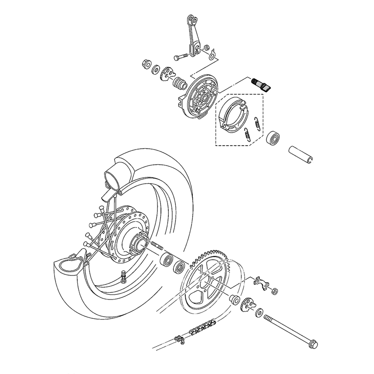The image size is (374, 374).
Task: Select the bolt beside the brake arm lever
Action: (x=180, y=57)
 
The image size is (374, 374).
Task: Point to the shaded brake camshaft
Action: (x=262, y=85)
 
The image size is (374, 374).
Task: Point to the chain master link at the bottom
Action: (x=180, y=339)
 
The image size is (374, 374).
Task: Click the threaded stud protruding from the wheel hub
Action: (x=157, y=247)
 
